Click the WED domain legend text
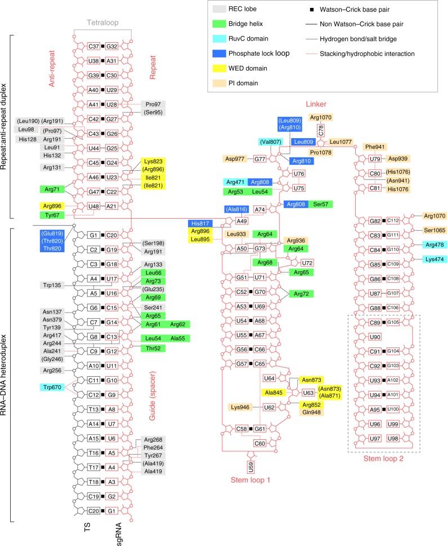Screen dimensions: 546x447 264,68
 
